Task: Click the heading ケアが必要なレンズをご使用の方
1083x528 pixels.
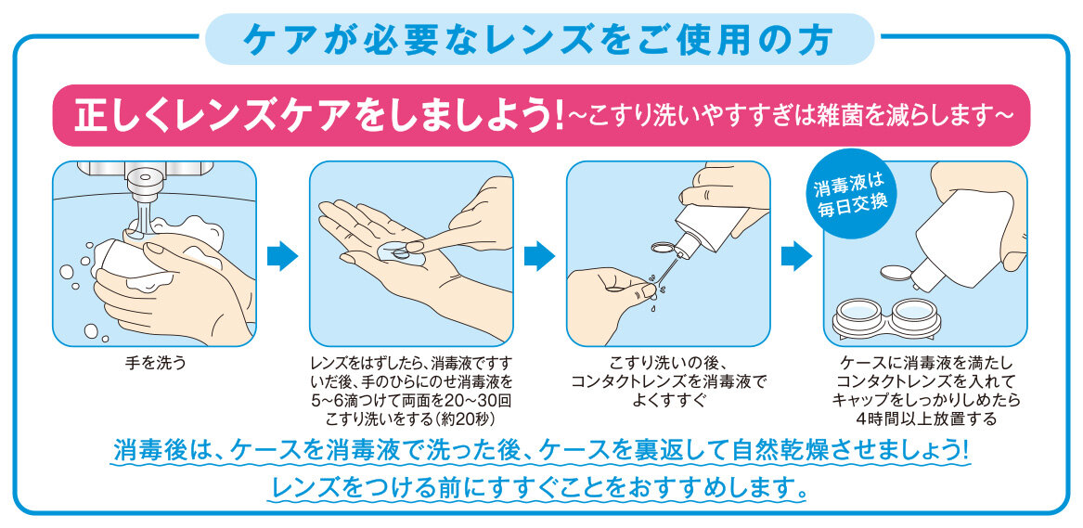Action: click(539, 40)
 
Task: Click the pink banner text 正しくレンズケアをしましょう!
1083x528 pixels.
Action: click(319, 114)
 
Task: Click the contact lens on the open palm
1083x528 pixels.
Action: click(398, 251)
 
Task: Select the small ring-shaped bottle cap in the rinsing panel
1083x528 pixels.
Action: click(662, 247)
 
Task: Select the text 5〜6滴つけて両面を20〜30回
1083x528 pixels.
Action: click(411, 400)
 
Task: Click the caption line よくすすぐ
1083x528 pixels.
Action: click(669, 400)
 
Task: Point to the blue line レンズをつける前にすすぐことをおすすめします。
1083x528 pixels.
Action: click(539, 486)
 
